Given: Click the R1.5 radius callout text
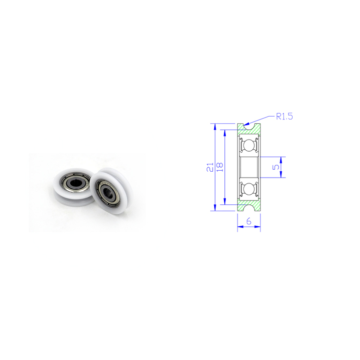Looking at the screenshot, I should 284,117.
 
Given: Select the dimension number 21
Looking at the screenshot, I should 209,167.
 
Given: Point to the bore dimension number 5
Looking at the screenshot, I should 277,167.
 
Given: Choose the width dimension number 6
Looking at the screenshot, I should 249,221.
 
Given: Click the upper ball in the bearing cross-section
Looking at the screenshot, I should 249,146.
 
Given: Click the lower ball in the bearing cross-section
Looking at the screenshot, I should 249,188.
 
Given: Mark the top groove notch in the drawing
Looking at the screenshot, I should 249,126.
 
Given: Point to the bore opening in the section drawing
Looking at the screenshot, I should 249,167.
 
